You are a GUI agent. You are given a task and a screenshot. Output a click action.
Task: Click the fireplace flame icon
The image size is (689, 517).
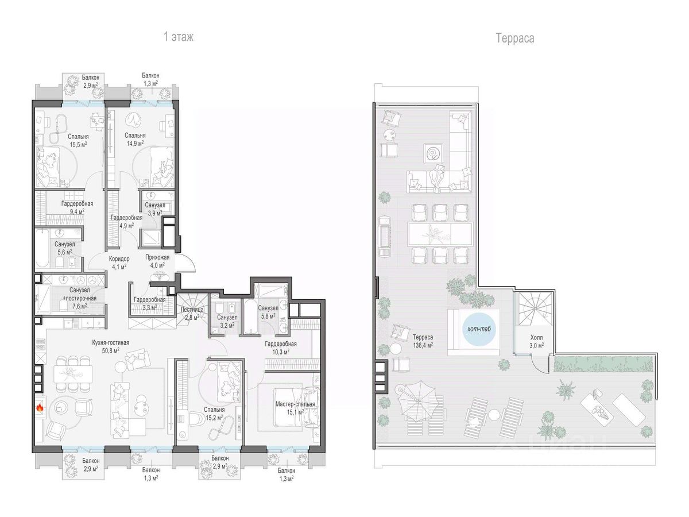[40, 407]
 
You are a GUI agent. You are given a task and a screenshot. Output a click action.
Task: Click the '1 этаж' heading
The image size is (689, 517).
[179, 37]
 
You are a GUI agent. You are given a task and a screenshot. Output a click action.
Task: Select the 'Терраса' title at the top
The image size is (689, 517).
[515, 38]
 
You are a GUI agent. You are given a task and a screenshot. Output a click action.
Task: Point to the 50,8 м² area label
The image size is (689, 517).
[110, 350]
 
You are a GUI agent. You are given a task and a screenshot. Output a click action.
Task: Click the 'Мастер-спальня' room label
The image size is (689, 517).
[295, 404]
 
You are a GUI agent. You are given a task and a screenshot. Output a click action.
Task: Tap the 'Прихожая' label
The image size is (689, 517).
[157, 257]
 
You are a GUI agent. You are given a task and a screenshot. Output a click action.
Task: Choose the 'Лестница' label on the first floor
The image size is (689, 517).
[192, 310]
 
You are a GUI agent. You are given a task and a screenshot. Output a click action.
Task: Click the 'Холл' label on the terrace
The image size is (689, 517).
[536, 338]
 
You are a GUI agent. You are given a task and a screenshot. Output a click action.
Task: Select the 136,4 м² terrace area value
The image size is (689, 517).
[423, 345]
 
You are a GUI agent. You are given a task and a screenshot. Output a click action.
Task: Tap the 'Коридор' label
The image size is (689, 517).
[119, 259]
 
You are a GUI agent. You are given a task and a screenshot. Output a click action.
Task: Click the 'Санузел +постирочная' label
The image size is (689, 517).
[80, 294]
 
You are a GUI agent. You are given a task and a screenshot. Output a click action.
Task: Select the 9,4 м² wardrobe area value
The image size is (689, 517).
[77, 212]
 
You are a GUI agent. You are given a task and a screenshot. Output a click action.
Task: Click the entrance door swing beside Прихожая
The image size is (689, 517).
[186, 263]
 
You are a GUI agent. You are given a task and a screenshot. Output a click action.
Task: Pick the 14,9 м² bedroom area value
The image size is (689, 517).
[135, 144]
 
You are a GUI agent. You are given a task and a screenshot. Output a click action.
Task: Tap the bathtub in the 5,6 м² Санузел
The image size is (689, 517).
[42, 248]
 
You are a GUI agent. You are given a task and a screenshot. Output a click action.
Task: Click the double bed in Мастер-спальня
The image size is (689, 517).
[295, 407]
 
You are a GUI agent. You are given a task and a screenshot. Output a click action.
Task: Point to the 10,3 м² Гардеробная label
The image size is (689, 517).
[281, 348]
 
